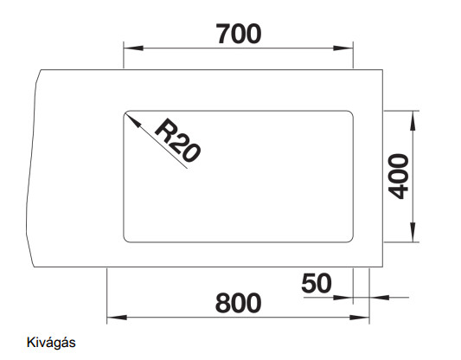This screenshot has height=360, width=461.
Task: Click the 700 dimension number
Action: coord(239,34)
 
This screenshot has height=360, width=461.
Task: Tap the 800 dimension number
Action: coord(238,303)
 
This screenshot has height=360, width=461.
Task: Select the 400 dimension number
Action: coord(399,177)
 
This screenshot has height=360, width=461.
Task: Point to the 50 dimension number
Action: coord(317,283)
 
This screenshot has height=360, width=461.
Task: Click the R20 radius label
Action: coord(178,140)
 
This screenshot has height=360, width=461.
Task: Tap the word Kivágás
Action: coord(51,343)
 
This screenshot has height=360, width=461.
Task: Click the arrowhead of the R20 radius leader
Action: coord(132,120)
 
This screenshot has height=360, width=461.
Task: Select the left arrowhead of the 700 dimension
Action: coord(133,48)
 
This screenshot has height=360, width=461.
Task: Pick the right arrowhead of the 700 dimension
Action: coord(343,48)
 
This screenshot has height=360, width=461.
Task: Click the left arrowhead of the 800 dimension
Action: coord(117,318)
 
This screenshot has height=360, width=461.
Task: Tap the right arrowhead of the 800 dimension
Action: coord(359,318)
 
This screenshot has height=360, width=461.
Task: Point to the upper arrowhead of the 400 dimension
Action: coord(413,120)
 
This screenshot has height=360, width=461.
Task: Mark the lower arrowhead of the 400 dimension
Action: coord(413,232)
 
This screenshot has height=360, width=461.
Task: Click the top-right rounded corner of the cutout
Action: coord(351,112)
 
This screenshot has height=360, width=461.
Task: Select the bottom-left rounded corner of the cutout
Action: coord(125,241)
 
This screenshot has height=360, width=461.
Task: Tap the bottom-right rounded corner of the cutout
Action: coord(351,241)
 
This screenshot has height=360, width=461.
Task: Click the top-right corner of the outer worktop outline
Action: coord(382,70)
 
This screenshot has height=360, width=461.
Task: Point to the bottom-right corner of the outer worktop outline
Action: coord(382,267)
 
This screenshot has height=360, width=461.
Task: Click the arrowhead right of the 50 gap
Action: coord(380,298)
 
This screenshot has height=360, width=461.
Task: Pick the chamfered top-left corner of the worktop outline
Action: coord(38,76)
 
